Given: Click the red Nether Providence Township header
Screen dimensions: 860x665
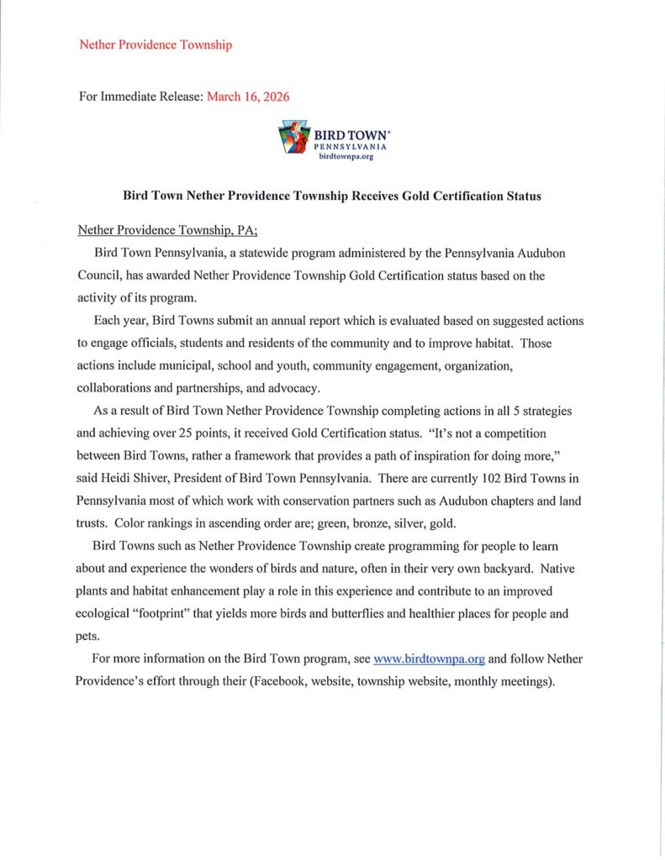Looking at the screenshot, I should tap(155, 45).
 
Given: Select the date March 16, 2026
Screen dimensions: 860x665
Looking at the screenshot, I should tap(248, 97).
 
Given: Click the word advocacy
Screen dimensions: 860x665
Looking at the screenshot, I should tap(322, 387).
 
